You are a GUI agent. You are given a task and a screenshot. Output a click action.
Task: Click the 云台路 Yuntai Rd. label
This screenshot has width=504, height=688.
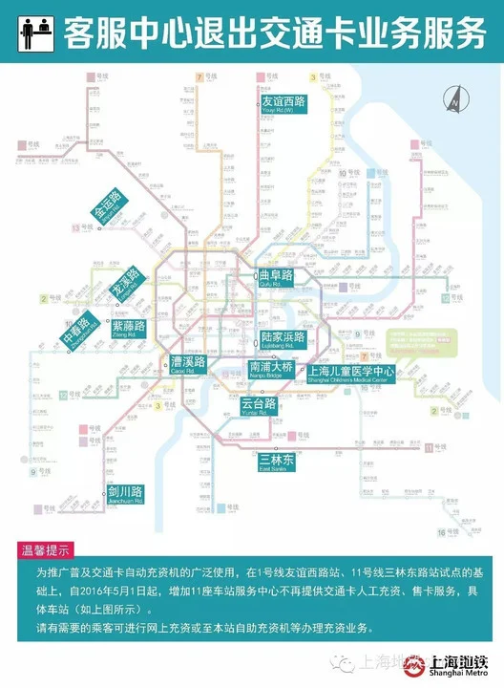[258, 406]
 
